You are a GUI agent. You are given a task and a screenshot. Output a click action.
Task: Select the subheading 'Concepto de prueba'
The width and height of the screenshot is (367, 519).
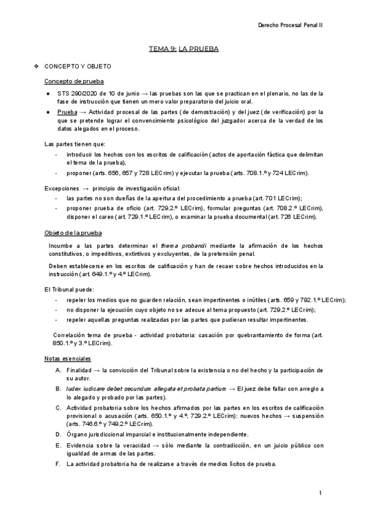pyautogui.click(x=74, y=81)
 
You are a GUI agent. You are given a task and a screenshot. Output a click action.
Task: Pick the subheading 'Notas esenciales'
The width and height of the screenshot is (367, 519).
pyautogui.click(x=68, y=357)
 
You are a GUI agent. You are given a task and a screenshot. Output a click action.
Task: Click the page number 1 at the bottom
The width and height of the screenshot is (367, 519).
pyautogui.click(x=321, y=493)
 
